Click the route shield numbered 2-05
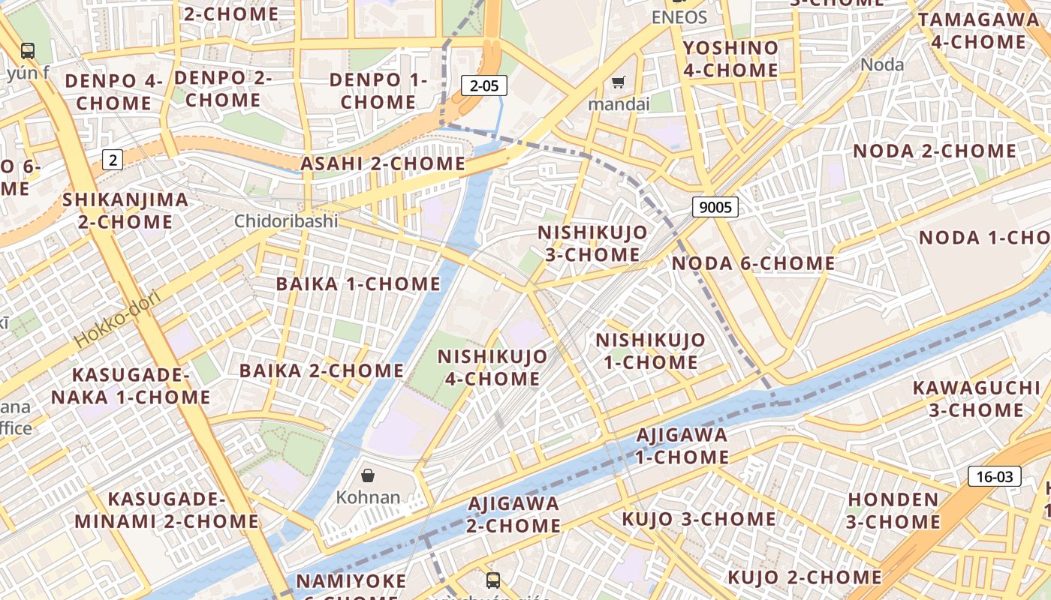pos(484,85)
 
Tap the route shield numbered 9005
pos(715,207)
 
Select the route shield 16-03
pos(995,476)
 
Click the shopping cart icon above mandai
pos(619,82)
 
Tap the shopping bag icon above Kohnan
pos(368,475)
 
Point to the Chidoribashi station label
pos(286,221)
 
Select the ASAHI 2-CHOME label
pos(383,163)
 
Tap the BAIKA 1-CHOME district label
pos(358,284)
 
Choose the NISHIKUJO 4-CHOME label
pos(492,367)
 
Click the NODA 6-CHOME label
pos(753,263)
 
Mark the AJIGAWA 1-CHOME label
pos(682,445)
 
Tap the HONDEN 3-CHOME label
pos(893,510)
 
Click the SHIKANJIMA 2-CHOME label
pos(125,211)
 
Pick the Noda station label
pos(882,64)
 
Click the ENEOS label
pos(679,17)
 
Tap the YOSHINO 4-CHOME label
pos(730,59)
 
